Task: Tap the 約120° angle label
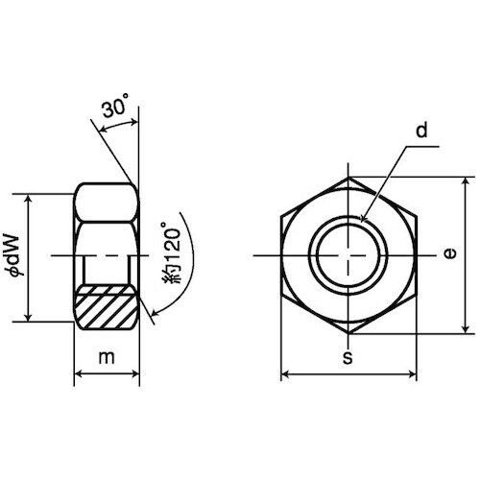pyautogui.click(x=172, y=252)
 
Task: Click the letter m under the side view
pyautogui.click(x=107, y=357)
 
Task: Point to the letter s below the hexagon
pyautogui.click(x=348, y=358)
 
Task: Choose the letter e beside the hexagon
pyautogui.click(x=450, y=253)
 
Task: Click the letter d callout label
pyautogui.click(x=421, y=131)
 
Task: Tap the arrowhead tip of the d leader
pyautogui.click(x=361, y=222)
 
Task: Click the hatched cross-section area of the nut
pyautogui.click(x=107, y=306)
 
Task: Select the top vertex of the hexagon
pyautogui.click(x=348, y=177)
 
